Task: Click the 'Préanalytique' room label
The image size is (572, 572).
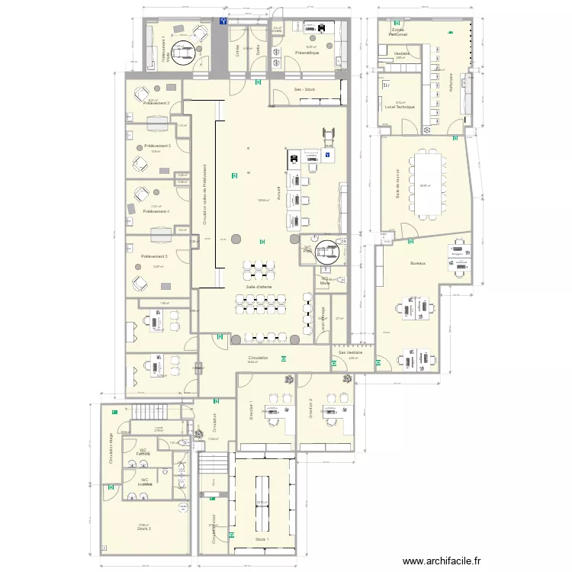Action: pos(307,53)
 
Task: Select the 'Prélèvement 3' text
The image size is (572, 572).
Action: pos(157,145)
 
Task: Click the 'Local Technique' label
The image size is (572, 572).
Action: pos(400,108)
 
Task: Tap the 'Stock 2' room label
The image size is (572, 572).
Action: pos(144,529)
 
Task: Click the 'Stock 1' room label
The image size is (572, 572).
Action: pos(262,539)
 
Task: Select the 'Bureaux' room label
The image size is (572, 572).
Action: pos(417,262)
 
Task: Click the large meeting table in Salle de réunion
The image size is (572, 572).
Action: pos(426,184)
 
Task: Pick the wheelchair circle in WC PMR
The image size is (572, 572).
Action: pos(330,250)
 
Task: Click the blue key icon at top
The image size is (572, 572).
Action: pos(222,23)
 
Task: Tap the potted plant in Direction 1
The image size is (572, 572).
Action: pos(288,379)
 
